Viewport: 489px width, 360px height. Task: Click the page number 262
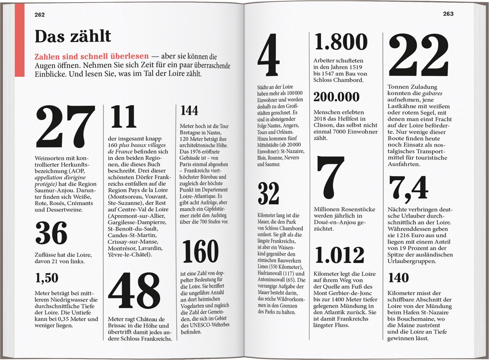(40, 15)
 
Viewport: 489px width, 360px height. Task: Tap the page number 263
(448, 14)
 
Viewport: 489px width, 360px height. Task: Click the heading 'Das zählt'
(73, 36)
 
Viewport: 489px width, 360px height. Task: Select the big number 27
(65, 126)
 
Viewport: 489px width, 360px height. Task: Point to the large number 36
(51, 233)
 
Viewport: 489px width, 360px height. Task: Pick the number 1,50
(47, 278)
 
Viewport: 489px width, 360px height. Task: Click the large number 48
(134, 291)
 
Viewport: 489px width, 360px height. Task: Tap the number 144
(189, 110)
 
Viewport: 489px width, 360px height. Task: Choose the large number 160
(200, 251)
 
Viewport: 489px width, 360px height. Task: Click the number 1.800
(341, 42)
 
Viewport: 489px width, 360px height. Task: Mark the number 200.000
(336, 97)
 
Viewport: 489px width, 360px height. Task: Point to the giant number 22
(419, 55)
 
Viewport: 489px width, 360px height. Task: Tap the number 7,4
(408, 188)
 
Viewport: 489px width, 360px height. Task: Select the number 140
(398, 278)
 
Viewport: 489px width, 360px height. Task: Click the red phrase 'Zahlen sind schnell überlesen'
(92, 56)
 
